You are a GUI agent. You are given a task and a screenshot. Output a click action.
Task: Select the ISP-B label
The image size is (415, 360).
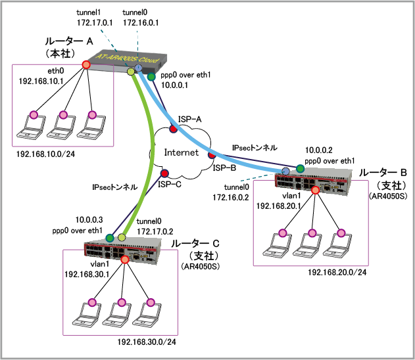point(223,168)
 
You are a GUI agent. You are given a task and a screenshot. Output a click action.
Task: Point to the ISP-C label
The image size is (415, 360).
point(170,185)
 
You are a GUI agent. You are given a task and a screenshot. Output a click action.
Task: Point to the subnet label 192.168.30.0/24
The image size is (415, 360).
point(147,342)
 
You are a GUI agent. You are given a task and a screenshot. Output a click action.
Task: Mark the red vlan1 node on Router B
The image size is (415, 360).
point(316,191)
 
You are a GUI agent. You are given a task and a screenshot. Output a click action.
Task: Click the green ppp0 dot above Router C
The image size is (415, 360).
point(110,237)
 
